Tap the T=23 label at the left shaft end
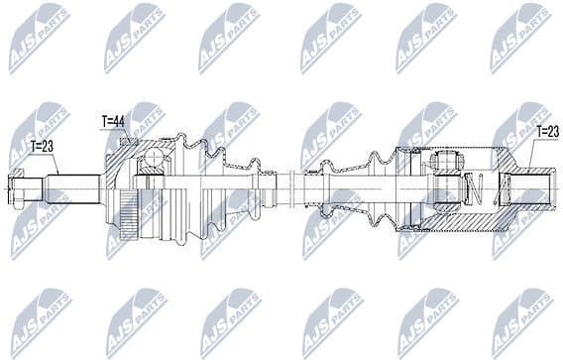coord(43,145)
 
